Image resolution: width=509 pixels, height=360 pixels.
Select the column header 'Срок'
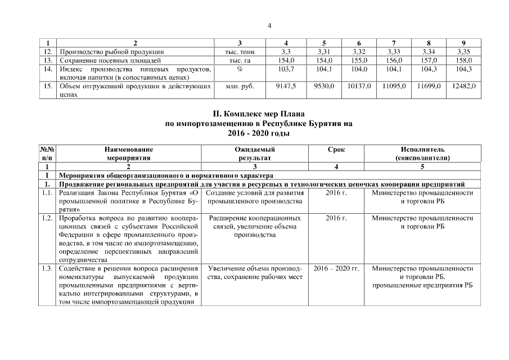pos(336,150)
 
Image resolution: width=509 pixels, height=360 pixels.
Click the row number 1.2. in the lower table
pos(47,217)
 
